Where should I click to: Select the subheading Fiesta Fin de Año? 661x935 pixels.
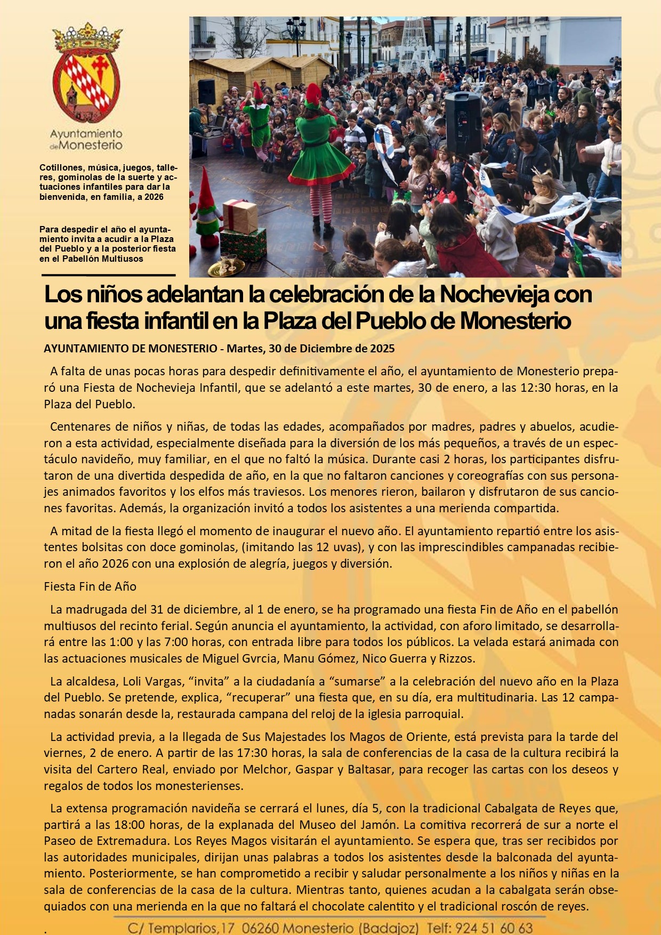tap(90, 586)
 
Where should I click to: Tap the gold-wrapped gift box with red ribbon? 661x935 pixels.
tap(240, 215)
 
